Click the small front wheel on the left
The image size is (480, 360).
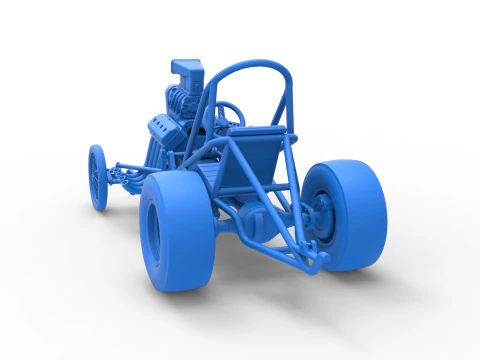pyautogui.click(x=97, y=178)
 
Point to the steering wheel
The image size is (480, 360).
pyautogui.click(x=228, y=113)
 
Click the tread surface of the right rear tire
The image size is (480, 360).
pyautogui.click(x=368, y=210)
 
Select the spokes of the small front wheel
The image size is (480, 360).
pyautogui.click(x=95, y=178)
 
